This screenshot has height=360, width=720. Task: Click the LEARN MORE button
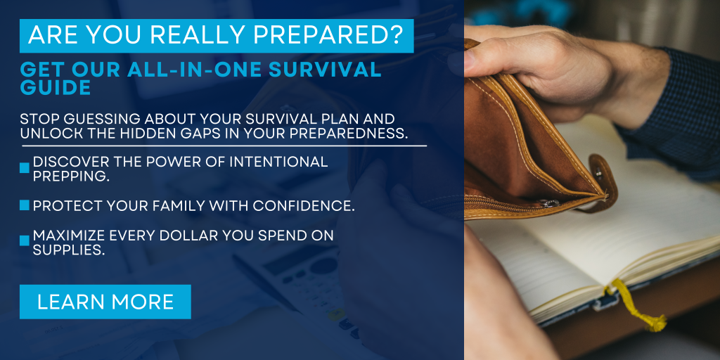tap(105, 302)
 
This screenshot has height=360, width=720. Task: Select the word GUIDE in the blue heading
tap(55, 87)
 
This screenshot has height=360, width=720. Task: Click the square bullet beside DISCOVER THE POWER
tap(25, 168)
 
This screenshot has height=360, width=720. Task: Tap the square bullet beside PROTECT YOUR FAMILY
tap(25, 205)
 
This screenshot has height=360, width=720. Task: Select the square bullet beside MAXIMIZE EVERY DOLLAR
tap(25, 241)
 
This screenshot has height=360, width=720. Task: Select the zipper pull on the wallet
tap(548, 203)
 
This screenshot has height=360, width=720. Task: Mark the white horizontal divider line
tap(224, 146)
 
